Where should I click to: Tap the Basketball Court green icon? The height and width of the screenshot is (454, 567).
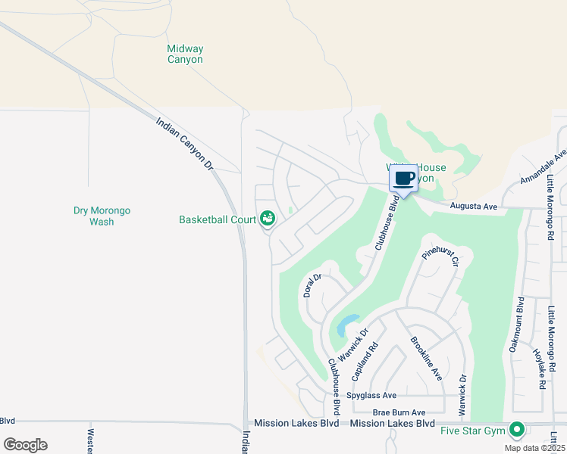click(267, 219)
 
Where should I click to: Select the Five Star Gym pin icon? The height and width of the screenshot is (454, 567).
click(517, 430)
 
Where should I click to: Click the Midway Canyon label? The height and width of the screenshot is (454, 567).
click(185, 54)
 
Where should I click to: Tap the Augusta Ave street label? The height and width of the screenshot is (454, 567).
click(472, 205)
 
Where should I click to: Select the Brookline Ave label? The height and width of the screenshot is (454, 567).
click(425, 357)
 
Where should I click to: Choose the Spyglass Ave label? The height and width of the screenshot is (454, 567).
click(371, 395)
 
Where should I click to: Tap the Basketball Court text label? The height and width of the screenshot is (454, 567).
click(218, 219)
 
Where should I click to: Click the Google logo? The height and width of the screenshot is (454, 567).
click(25, 445)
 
